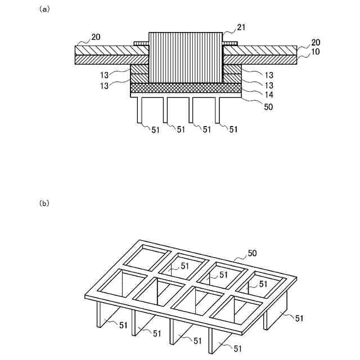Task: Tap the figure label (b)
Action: point(44,203)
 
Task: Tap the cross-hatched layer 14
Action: point(186,88)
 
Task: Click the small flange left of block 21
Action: point(141,43)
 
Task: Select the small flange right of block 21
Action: point(231,43)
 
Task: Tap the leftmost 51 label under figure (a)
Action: point(155,130)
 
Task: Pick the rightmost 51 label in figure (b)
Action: point(299,318)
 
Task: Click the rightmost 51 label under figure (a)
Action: point(233,130)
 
